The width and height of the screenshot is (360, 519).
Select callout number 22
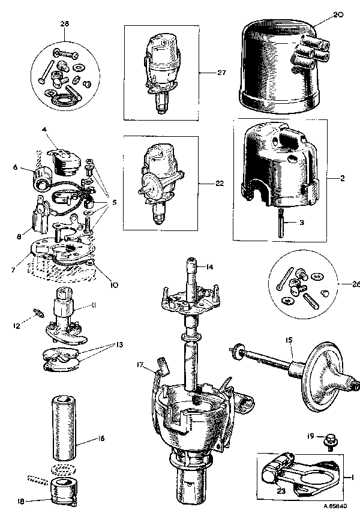(x=220, y=183)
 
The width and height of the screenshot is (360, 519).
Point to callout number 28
(x=65, y=23)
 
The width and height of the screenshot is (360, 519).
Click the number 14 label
(x=209, y=266)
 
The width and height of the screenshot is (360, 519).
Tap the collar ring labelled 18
(x=64, y=490)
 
